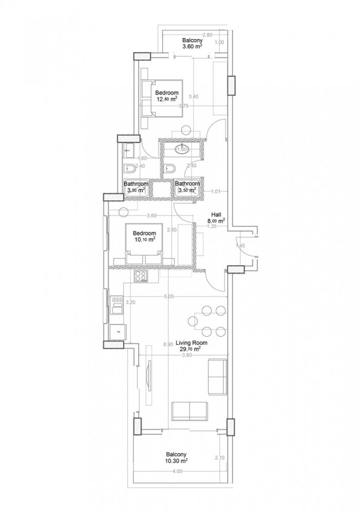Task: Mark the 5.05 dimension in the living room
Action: (x=169, y=296)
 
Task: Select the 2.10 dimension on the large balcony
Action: (x=219, y=458)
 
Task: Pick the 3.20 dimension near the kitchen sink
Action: (x=130, y=303)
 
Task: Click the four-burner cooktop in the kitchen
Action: (x=140, y=277)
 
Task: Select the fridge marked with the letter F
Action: (x=118, y=332)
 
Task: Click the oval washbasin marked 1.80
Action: (x=181, y=150)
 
